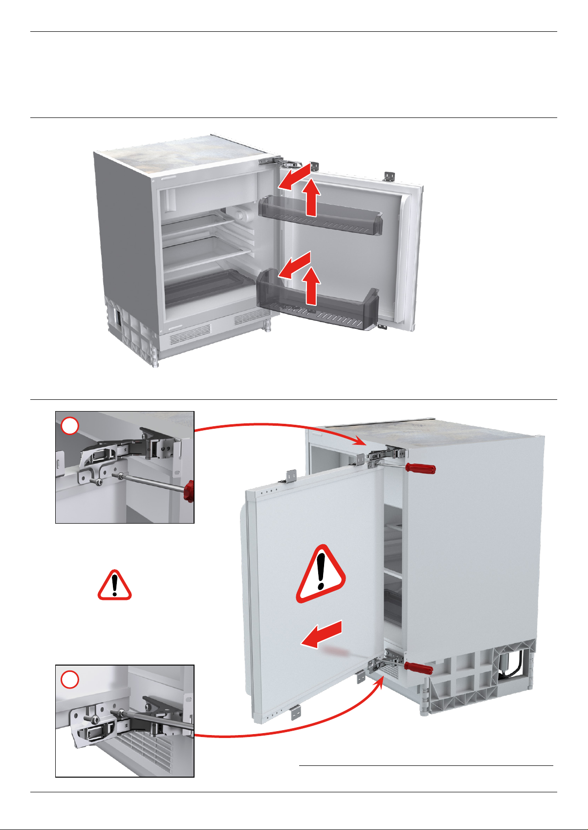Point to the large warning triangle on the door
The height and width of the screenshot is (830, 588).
pos(321,574)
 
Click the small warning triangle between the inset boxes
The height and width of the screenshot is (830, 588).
pos(114,585)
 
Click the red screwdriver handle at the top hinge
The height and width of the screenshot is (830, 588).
pos(420,469)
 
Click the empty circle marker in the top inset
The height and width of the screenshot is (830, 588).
pos(70,426)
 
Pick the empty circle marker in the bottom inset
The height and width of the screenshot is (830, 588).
pos(70,680)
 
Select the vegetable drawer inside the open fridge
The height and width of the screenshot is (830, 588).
pos(205,286)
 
